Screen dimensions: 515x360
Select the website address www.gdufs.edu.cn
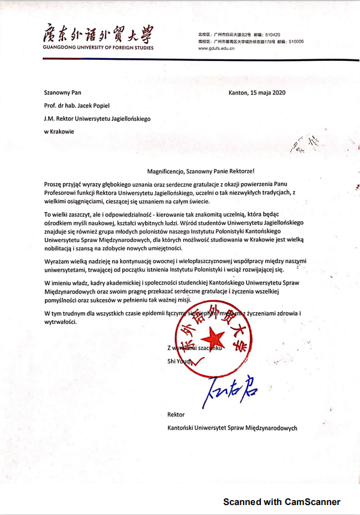click(217, 48)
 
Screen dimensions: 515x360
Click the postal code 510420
click(289, 34)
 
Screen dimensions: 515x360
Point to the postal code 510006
click(295, 41)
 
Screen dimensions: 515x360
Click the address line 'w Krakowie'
click(59, 131)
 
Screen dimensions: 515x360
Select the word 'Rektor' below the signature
click(176, 414)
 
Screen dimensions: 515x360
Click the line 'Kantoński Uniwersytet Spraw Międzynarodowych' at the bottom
click(232, 428)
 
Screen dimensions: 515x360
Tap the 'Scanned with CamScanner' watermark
click(281, 502)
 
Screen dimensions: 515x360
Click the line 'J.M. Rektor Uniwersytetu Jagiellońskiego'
click(97, 118)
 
